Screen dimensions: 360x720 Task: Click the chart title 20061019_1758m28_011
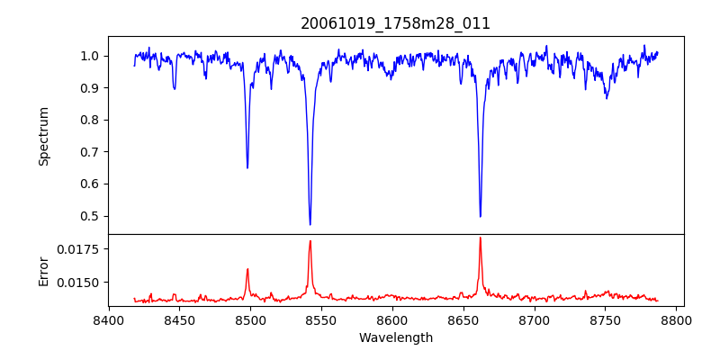(395, 23)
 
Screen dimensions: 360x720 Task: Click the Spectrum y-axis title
(43, 136)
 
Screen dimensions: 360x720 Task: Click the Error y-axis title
(43, 270)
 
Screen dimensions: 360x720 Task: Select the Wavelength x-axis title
(395, 337)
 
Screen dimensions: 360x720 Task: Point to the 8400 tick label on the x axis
(108, 319)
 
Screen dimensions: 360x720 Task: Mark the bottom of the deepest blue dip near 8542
(310, 224)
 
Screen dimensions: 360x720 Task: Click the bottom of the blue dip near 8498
(247, 167)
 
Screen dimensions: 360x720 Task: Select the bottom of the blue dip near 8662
(480, 216)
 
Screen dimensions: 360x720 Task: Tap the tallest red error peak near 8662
(480, 238)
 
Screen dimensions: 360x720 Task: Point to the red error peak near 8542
(310, 241)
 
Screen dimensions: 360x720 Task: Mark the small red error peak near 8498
(247, 269)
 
